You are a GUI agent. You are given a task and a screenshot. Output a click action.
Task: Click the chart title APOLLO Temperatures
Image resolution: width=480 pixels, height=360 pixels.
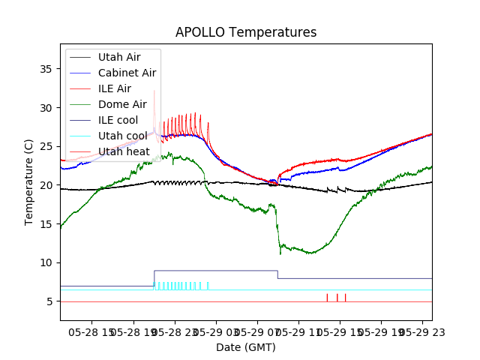click(246, 32)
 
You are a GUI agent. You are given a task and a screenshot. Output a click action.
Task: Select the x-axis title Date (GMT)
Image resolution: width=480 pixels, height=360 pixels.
click(246, 347)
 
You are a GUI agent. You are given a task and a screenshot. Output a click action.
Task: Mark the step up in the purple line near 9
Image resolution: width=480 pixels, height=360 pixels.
click(154, 277)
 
